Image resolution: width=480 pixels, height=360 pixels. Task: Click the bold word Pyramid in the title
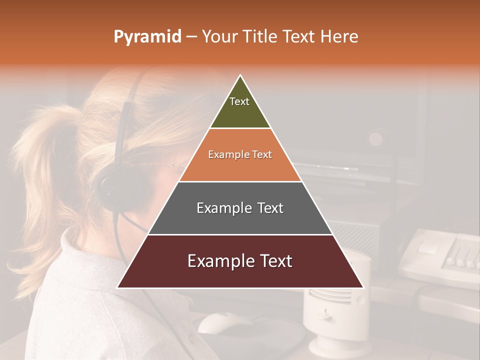click(x=147, y=36)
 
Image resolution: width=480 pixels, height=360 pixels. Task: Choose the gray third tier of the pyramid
click(x=240, y=220)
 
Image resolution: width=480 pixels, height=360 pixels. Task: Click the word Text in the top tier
click(x=239, y=101)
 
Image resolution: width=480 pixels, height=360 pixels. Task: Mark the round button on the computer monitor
click(x=376, y=138)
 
